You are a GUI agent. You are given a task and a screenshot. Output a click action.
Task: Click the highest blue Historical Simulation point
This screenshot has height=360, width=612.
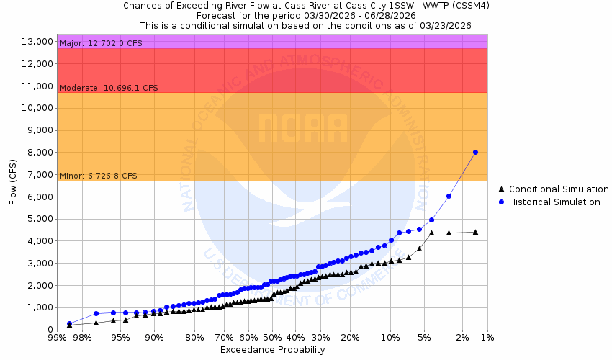pos(475,152)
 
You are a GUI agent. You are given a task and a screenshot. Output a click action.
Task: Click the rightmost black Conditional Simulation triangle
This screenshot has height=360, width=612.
pos(475,232)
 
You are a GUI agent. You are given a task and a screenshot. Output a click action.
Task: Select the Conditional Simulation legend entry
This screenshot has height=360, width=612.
pos(554,189)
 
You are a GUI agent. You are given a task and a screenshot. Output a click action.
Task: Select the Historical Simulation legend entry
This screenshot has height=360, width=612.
pos(554,202)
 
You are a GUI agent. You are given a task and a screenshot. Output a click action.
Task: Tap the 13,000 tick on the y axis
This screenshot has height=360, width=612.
pos(36,42)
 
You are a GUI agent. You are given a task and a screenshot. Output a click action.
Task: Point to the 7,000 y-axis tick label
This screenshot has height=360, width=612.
pos(38,175)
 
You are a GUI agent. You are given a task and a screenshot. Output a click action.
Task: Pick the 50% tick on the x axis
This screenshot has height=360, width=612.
pos(272,337)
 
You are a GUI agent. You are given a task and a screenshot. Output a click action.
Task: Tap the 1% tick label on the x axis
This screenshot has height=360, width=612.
pos(487,337)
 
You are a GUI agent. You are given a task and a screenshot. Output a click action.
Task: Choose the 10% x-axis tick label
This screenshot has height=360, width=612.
pos(390,337)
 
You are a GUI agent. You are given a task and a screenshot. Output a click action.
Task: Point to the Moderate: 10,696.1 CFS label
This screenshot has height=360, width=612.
pos(108,88)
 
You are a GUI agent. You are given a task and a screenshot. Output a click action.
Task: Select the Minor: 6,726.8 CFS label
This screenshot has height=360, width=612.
pos(98,176)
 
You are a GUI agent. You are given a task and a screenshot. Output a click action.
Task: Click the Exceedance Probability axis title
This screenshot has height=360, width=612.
pos(272,350)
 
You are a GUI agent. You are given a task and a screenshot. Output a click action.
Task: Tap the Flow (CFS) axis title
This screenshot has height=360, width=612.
pos(13,181)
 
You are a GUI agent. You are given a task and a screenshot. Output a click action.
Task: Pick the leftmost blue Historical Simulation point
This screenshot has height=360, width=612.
pos(69,324)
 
